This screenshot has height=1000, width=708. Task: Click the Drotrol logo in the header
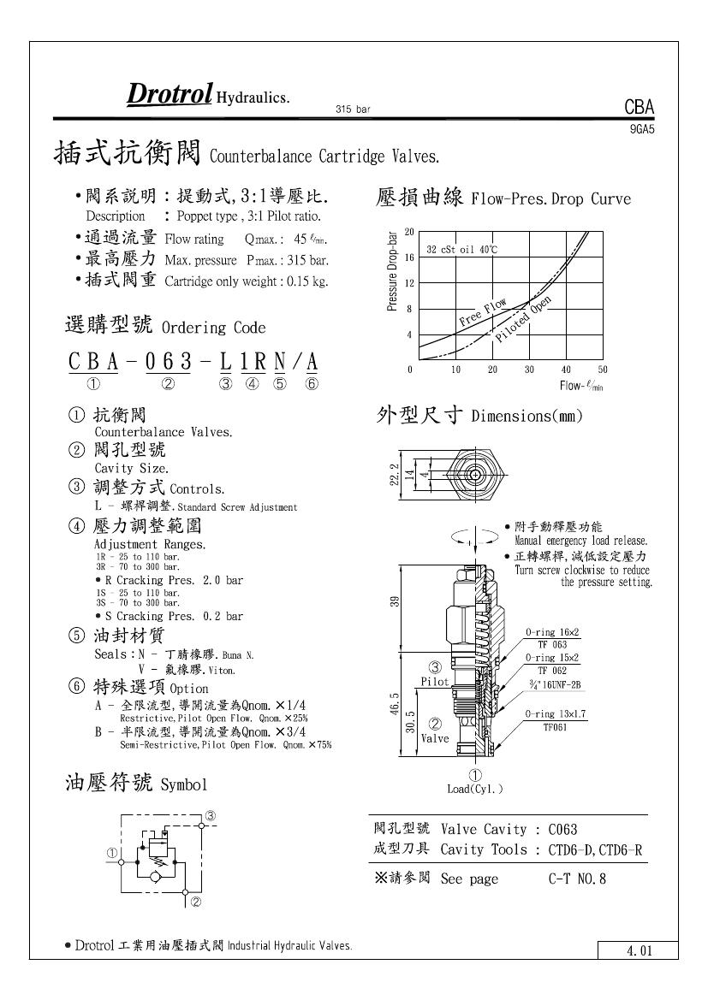(x=169, y=94)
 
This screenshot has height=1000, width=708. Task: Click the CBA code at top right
(x=639, y=107)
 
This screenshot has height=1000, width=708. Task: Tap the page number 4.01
(x=639, y=950)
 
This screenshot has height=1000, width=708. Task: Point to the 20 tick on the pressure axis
(x=409, y=232)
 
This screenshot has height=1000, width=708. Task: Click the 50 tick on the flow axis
(x=603, y=370)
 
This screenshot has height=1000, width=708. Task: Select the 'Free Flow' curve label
(x=483, y=313)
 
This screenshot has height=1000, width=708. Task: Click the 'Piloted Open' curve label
(x=523, y=318)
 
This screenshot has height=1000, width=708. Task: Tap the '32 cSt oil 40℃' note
(x=462, y=249)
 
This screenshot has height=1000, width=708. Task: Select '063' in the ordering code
(x=169, y=363)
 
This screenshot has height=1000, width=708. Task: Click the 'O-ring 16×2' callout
(x=552, y=632)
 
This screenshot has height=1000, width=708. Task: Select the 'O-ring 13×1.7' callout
(x=556, y=713)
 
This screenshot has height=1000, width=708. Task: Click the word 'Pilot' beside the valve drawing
(x=435, y=682)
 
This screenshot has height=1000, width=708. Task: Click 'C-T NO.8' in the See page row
(x=577, y=879)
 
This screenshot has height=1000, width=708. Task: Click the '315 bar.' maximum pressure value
(x=303, y=260)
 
